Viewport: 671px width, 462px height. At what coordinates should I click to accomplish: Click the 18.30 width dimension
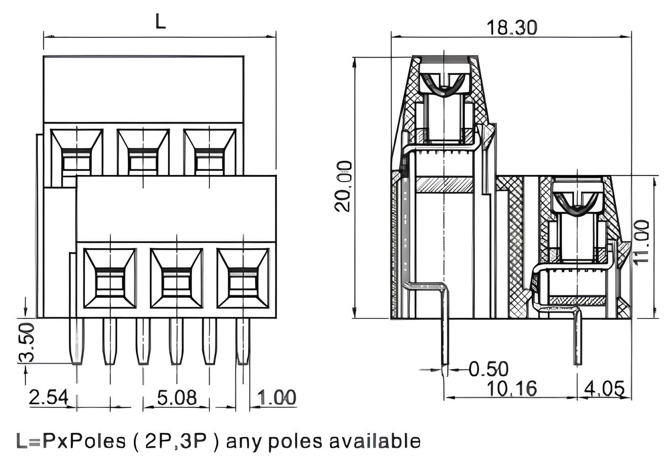click(511, 27)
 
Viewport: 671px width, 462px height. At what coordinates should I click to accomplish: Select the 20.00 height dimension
click(344, 187)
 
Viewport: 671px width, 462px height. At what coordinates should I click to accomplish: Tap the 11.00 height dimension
click(641, 242)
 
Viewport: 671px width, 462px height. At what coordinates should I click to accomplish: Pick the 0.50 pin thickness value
click(488, 369)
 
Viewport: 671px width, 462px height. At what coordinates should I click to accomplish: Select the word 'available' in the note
click(374, 441)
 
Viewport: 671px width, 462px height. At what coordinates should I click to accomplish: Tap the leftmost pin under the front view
click(76, 341)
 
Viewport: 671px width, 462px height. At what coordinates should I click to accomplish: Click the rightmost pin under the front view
click(243, 341)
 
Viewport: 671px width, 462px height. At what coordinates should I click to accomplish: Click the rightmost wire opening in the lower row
click(243, 279)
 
